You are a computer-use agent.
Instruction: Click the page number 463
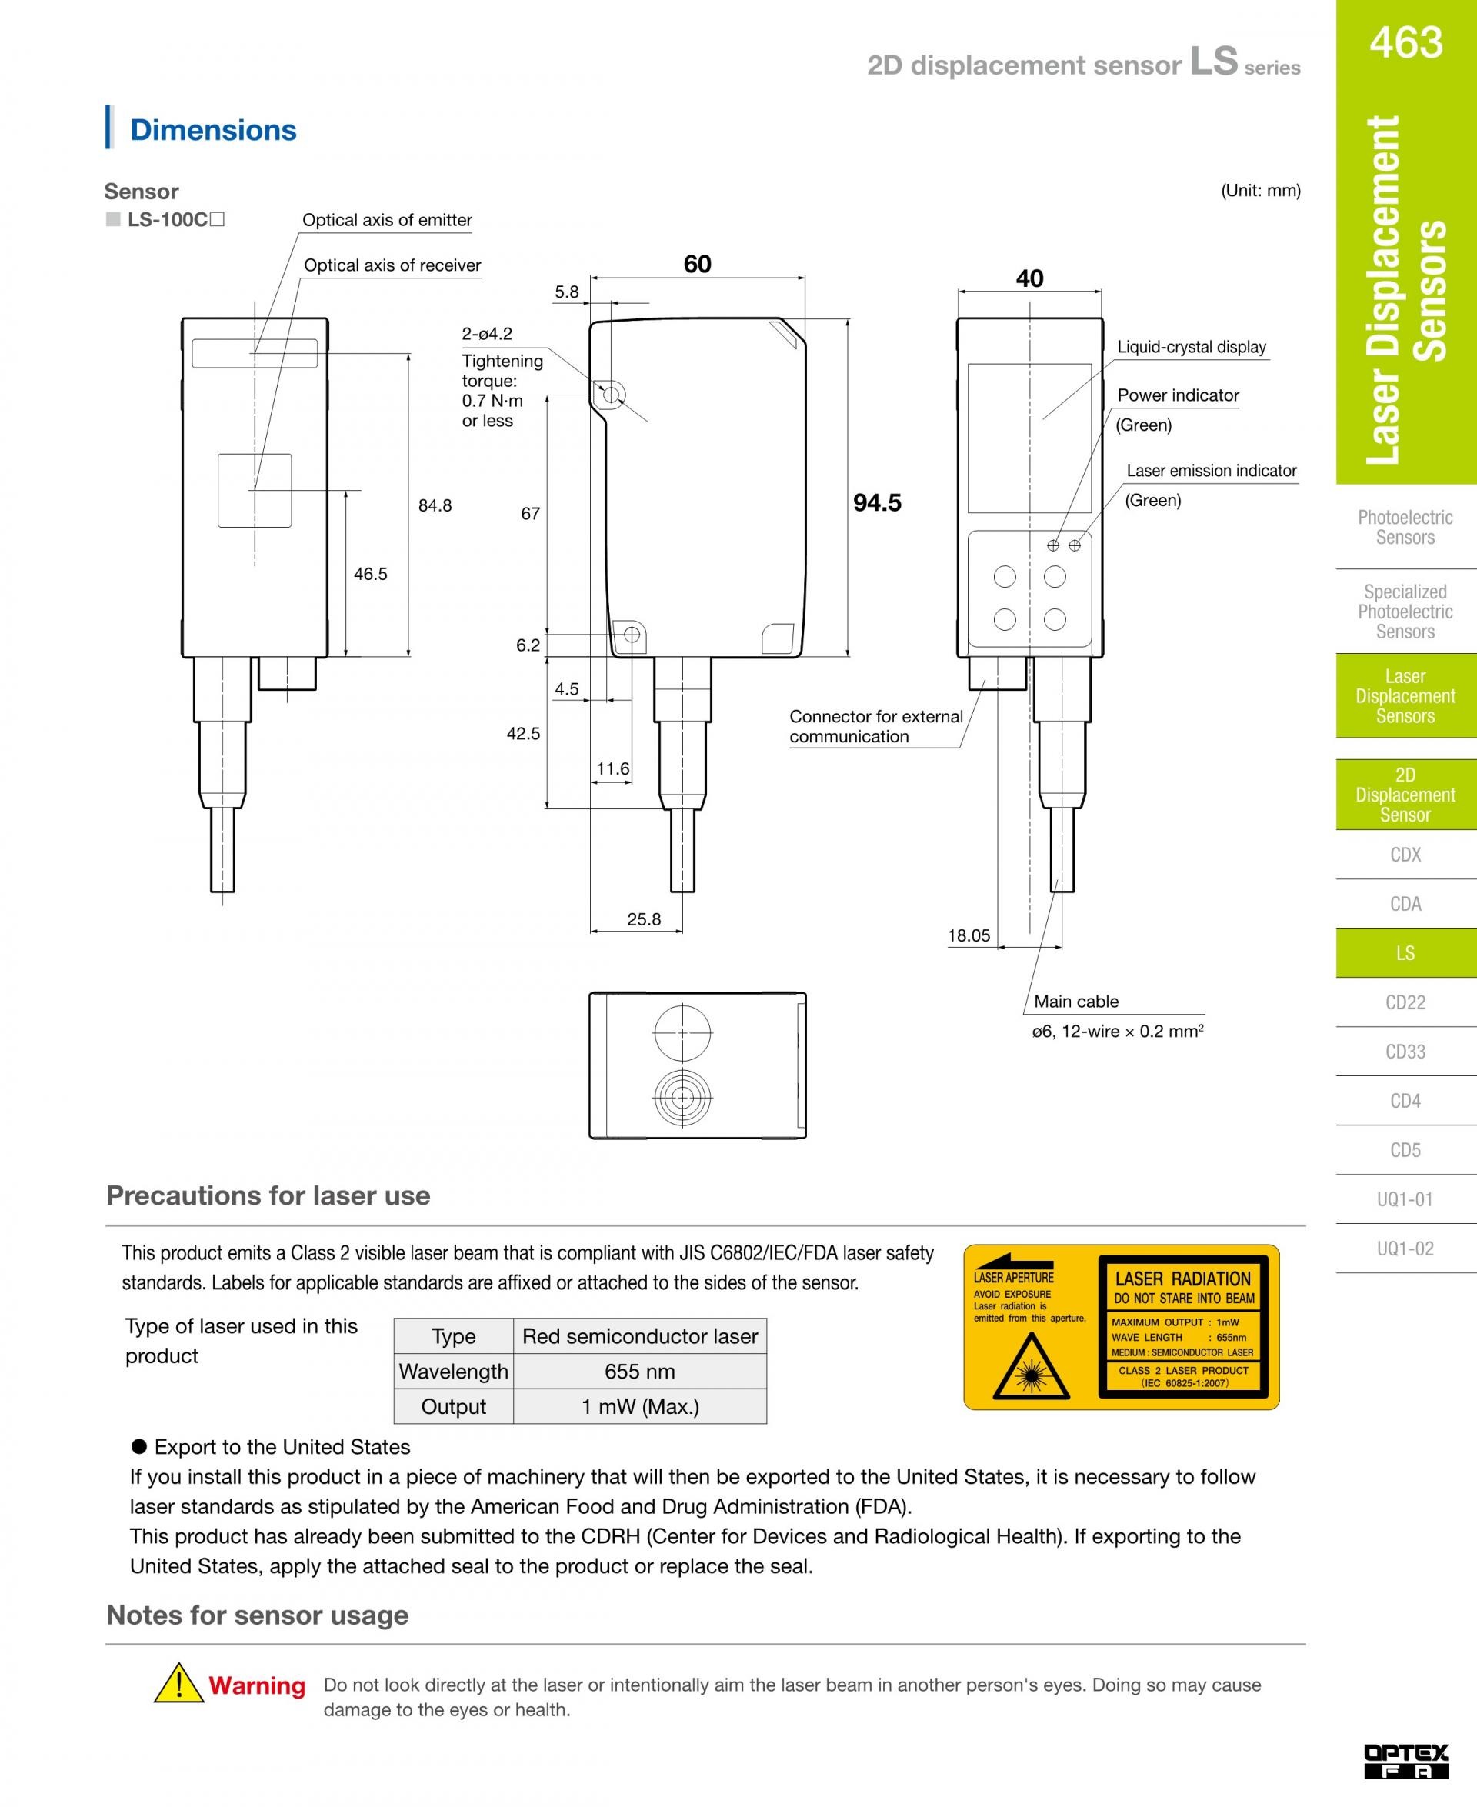(x=1405, y=42)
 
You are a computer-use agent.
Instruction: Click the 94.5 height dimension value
(x=877, y=503)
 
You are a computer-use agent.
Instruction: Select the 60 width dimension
(x=697, y=265)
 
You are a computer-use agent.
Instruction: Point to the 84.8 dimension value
(x=435, y=505)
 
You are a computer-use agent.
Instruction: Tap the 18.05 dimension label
(x=969, y=936)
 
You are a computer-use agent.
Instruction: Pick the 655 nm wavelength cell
(x=640, y=1372)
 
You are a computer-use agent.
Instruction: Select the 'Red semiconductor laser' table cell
(x=640, y=1336)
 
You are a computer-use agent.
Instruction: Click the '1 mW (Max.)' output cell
(x=640, y=1406)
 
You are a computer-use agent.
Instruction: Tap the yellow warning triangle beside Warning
(x=178, y=1683)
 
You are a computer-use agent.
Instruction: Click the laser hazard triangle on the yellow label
(x=1031, y=1365)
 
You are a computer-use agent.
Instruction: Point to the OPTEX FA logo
(x=1405, y=1761)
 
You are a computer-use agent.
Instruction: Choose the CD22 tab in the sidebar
(x=1405, y=1002)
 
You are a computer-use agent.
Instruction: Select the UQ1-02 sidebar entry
(x=1405, y=1248)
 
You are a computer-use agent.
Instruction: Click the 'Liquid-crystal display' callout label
(x=1191, y=347)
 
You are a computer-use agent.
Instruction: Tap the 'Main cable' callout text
(x=1076, y=1002)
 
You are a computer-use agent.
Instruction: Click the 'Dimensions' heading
(x=212, y=130)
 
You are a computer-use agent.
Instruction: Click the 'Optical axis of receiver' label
(x=392, y=265)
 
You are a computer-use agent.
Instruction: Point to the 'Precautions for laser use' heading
(x=268, y=1195)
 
